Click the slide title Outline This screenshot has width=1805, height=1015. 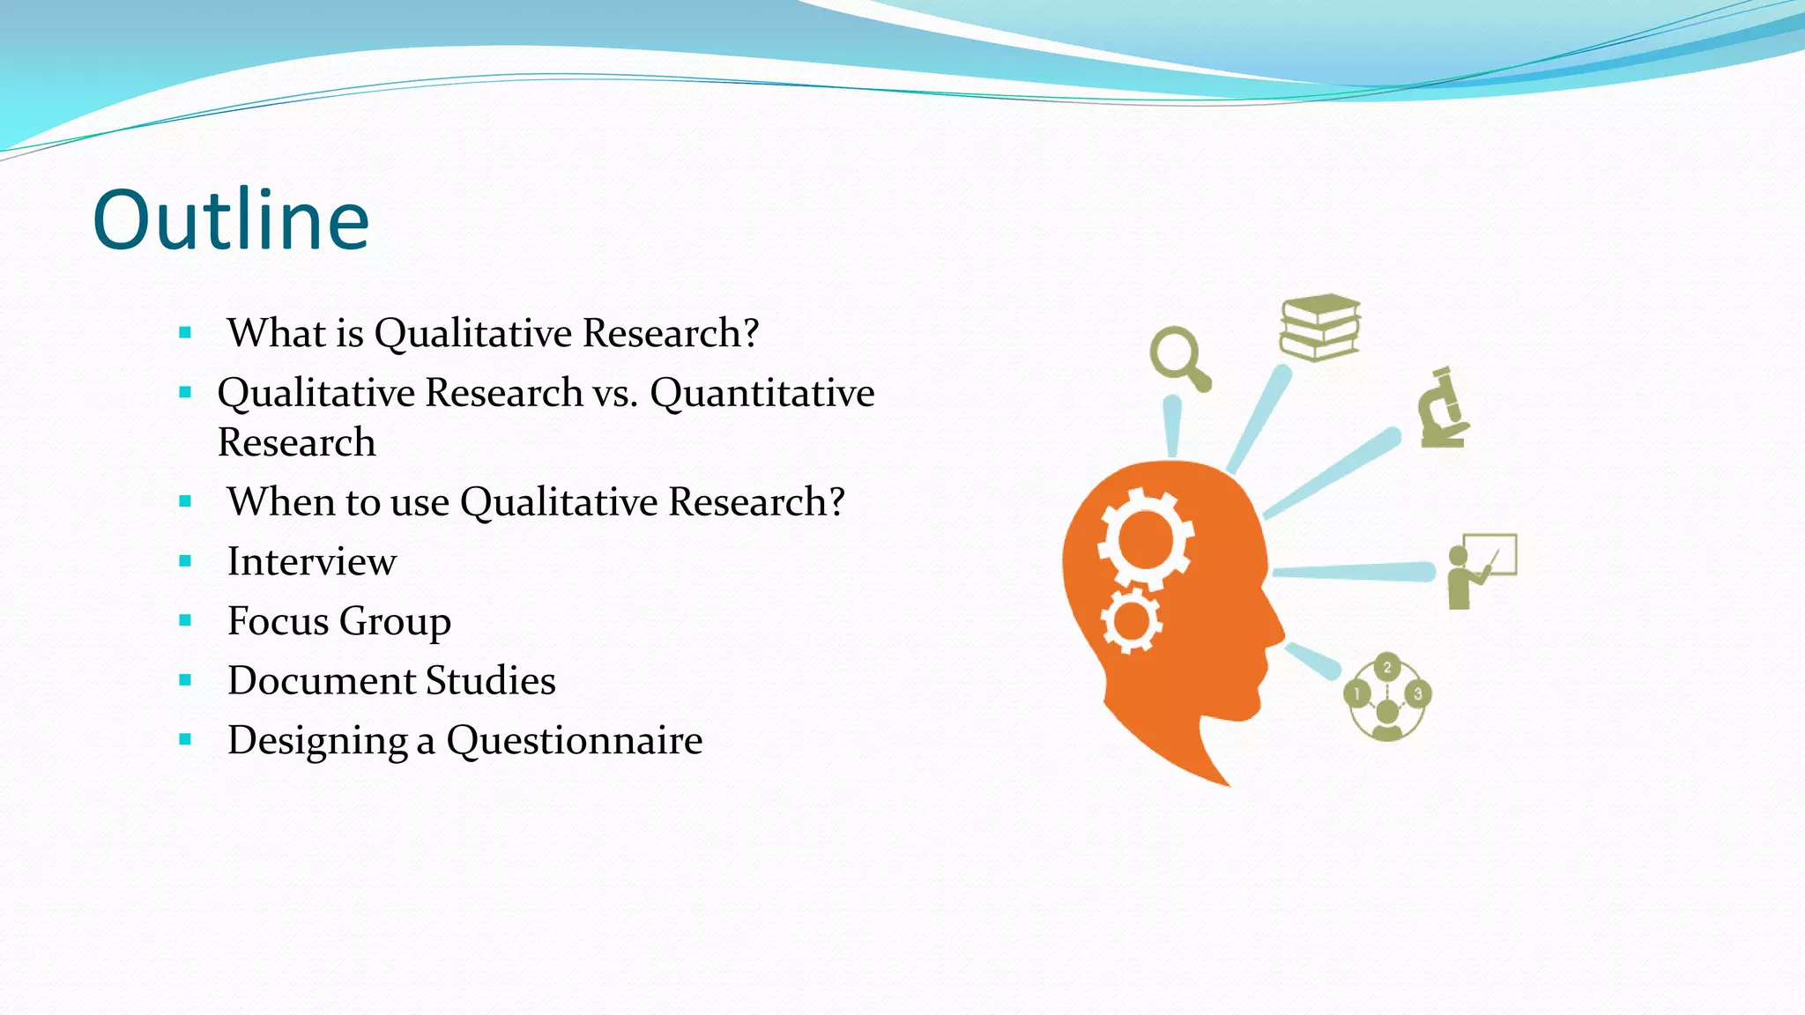pos(231,220)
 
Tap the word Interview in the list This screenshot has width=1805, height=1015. pos(312,562)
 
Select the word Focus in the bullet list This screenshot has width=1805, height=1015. pos(278,621)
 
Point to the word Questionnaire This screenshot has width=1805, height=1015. pos(575,741)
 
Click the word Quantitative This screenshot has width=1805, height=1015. pos(762,394)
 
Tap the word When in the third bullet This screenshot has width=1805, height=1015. pos(279,502)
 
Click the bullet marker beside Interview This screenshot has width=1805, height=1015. pos(185,561)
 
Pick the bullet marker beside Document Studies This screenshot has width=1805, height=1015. pos(185,680)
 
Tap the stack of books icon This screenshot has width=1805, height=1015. pos(1319,327)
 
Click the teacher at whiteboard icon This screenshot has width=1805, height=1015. pos(1482,569)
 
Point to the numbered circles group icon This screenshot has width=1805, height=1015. pos(1387,697)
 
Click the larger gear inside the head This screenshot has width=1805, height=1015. pos(1145,538)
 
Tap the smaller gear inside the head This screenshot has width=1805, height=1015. pos(1131,621)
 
